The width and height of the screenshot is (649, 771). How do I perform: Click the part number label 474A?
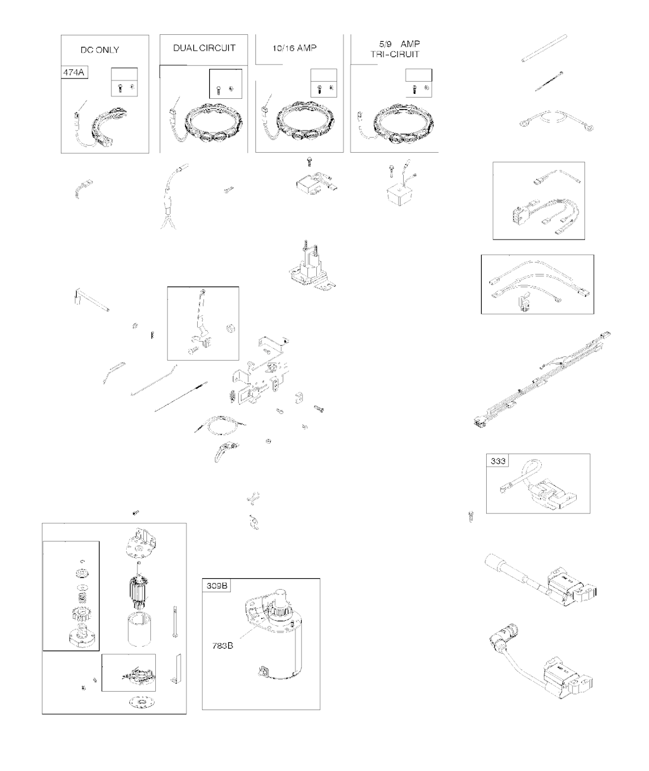[x=74, y=72]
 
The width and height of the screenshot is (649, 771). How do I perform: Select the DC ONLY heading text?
[x=100, y=50]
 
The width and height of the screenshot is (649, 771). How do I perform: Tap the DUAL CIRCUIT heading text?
[x=204, y=48]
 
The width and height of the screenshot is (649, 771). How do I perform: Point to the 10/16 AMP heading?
[x=295, y=48]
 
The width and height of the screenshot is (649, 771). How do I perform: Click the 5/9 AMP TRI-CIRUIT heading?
[x=395, y=49]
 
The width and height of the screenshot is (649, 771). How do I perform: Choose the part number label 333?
[x=498, y=461]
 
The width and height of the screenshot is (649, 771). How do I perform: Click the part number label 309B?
[x=217, y=586]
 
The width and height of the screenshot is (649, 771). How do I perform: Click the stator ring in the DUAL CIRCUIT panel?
[x=213, y=123]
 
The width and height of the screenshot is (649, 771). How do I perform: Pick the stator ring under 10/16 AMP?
[x=306, y=121]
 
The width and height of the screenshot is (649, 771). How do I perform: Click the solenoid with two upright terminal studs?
[x=311, y=266]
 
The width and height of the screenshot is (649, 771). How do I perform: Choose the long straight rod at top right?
[x=544, y=48]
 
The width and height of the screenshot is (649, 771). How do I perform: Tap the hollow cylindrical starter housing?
[x=139, y=630]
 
